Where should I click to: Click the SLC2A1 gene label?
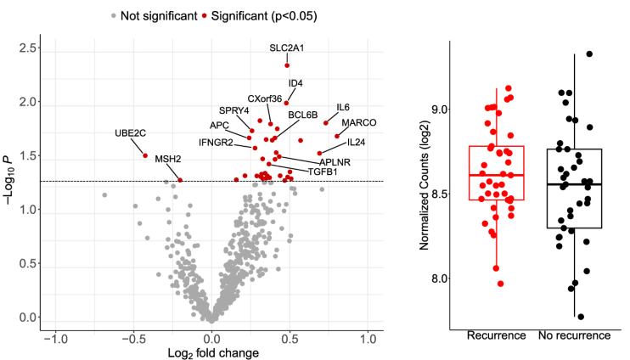click(287, 48)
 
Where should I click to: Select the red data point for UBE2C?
click(145, 155)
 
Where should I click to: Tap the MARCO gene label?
click(359, 123)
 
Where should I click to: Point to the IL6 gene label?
click(343, 108)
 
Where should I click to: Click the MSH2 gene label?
click(168, 159)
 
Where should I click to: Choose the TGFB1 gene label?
click(323, 172)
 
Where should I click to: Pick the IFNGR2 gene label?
click(217, 142)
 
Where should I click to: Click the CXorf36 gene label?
click(265, 99)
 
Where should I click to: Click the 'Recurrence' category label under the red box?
click(496, 335)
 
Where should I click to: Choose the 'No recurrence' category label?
click(575, 335)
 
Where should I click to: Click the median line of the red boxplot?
click(496, 175)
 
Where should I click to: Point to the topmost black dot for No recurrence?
click(589, 54)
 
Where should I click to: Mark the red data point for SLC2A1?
click(287, 65)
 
